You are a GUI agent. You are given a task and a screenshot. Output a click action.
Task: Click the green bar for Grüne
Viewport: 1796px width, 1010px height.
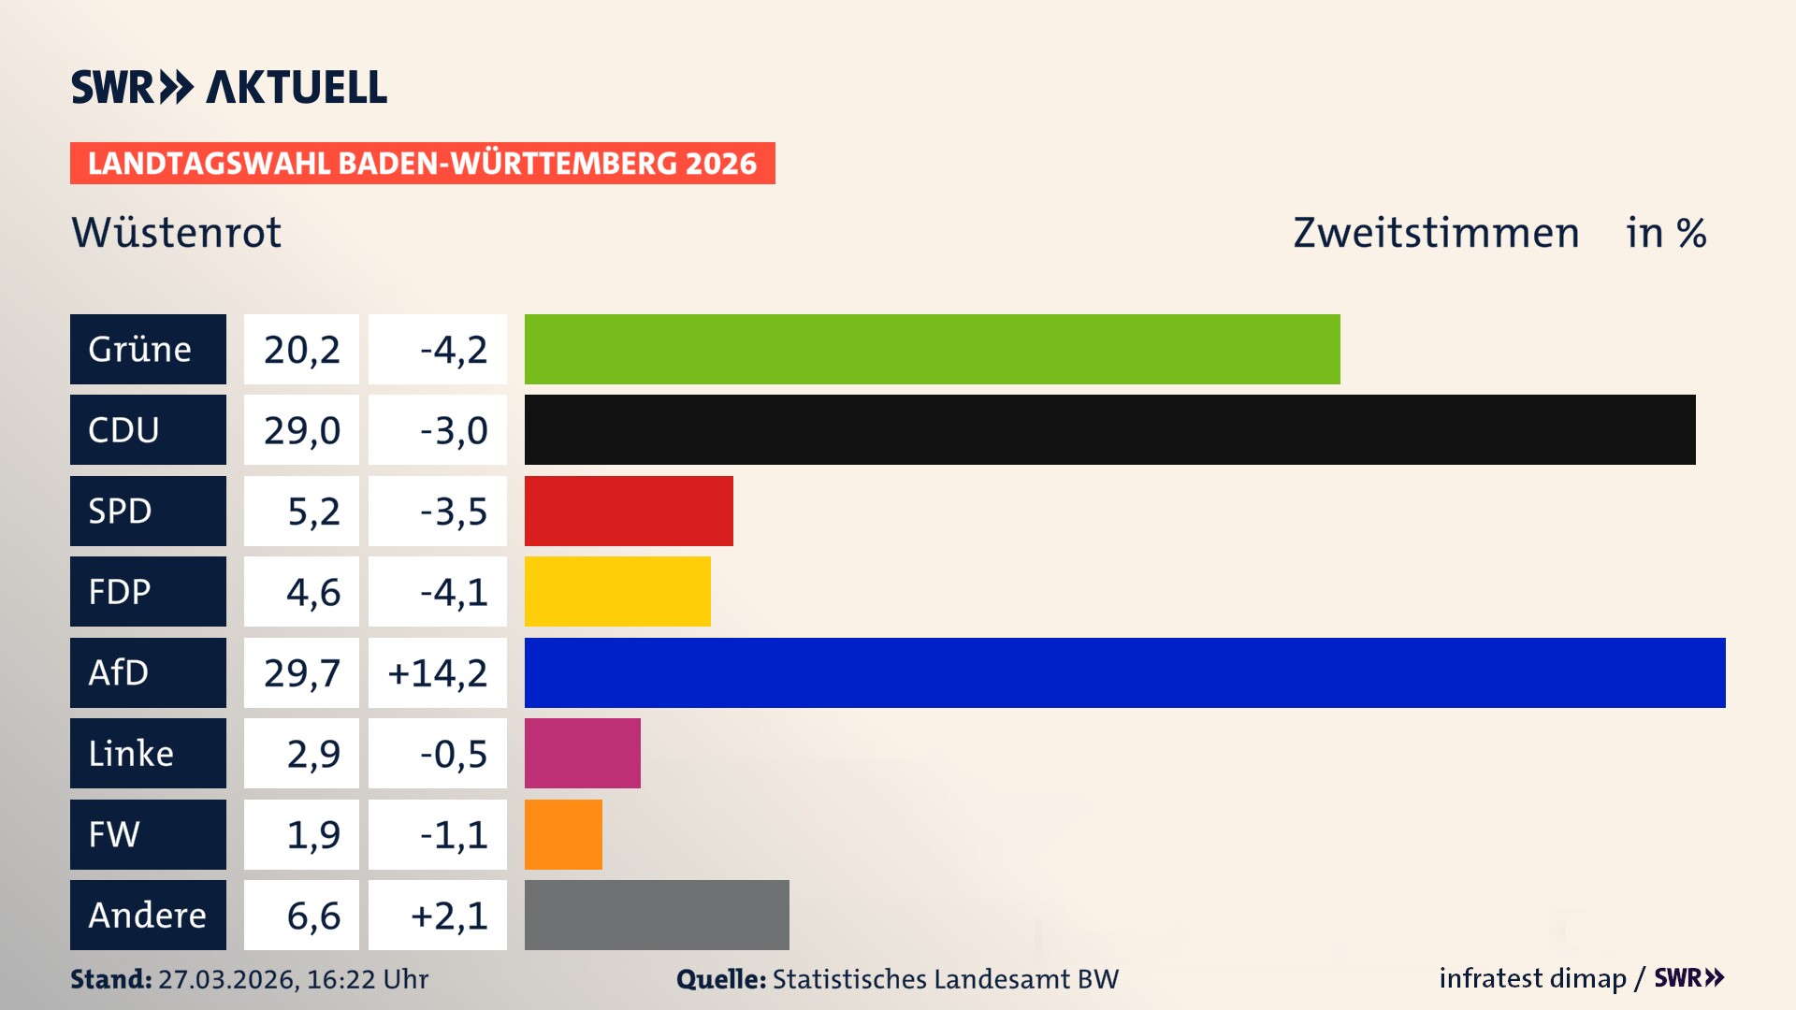pos(932,349)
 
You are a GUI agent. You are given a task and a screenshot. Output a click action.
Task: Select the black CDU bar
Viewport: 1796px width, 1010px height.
pos(1109,429)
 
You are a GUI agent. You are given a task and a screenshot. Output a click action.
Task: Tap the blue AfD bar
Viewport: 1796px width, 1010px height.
pos(1124,672)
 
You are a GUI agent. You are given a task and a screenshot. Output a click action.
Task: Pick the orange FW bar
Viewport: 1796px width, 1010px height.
pos(563,834)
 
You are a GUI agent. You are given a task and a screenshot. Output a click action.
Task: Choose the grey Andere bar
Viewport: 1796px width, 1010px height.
pos(657,915)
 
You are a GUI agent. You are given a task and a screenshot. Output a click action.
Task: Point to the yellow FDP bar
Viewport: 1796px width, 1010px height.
pos(617,591)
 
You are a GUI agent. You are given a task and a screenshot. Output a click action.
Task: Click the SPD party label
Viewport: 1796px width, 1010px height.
pos(148,511)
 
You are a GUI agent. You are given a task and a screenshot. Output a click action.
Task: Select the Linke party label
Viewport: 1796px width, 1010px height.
pos(148,753)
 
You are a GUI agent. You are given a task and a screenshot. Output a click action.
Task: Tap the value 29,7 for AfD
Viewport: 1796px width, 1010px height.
pos(301,672)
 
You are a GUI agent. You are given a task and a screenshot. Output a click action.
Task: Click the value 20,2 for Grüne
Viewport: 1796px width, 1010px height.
pos(301,349)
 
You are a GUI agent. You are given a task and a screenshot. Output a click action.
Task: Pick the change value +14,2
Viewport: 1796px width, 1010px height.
pos(438,672)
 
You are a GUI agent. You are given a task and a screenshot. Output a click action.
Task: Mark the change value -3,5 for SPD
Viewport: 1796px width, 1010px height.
pos(453,511)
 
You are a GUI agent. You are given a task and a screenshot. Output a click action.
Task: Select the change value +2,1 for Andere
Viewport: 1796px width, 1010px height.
pos(449,915)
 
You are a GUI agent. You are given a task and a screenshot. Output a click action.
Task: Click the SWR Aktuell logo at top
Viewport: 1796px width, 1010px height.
pos(229,87)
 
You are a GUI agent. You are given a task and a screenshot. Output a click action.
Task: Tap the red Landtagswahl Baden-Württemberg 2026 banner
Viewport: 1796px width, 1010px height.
pos(422,163)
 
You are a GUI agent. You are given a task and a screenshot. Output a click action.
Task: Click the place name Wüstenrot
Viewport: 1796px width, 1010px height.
pos(176,232)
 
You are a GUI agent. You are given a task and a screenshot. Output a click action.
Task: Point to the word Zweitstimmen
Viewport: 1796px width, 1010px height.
pos(1436,232)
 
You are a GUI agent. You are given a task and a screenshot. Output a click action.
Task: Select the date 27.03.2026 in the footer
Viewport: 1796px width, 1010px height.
pos(227,979)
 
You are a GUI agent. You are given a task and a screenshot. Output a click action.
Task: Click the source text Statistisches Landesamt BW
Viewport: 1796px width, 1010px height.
pos(945,979)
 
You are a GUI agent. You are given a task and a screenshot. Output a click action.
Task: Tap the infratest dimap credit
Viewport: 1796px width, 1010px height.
pos(1532,978)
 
